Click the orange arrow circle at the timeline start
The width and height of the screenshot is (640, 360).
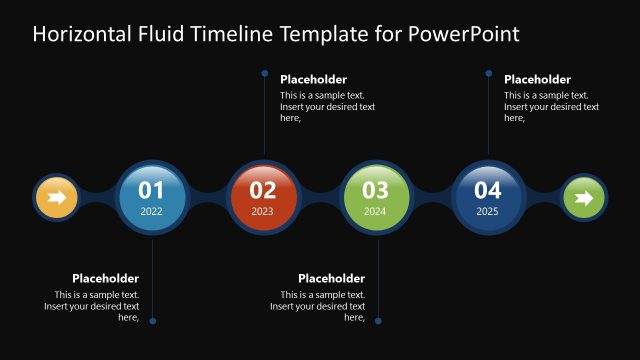pyautogui.click(x=56, y=197)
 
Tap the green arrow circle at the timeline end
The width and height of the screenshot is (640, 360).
pyautogui.click(x=584, y=197)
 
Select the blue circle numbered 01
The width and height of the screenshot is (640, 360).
pyautogui.click(x=152, y=196)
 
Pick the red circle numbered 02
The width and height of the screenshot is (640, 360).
pyautogui.click(x=263, y=196)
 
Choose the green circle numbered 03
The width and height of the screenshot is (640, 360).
pyautogui.click(x=376, y=196)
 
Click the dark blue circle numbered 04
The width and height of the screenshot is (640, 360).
pyautogui.click(x=488, y=196)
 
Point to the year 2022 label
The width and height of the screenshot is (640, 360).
pyautogui.click(x=152, y=212)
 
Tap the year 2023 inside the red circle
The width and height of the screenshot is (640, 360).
pyautogui.click(x=263, y=212)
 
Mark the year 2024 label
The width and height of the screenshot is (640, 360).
pyautogui.click(x=376, y=212)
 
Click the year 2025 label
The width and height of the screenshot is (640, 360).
pyautogui.click(x=488, y=212)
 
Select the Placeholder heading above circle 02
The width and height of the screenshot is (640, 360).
pyautogui.click(x=313, y=79)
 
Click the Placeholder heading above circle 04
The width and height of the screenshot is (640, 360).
pyautogui.click(x=537, y=79)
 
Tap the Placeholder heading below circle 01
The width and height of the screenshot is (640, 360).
pyautogui.click(x=105, y=278)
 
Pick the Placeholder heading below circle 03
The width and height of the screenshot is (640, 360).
pyautogui.click(x=331, y=278)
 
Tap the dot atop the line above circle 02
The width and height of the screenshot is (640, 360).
pyautogui.click(x=264, y=73)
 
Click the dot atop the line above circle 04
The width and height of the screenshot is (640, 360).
pyautogui.click(x=488, y=73)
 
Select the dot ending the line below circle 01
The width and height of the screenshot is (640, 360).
pyautogui.click(x=152, y=321)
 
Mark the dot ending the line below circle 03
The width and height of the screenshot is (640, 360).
pyautogui.click(x=378, y=321)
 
